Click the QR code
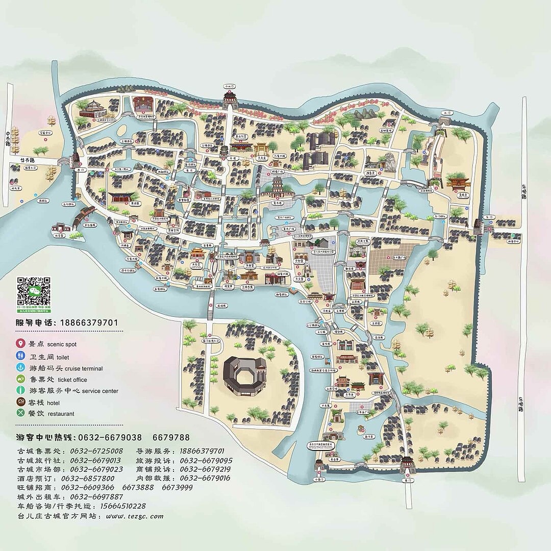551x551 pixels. (34, 294)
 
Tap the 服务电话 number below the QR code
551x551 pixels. (89, 322)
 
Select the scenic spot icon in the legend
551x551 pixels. (21, 344)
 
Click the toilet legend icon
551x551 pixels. (21, 356)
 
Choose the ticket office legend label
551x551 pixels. (72, 380)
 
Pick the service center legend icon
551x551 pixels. (21, 391)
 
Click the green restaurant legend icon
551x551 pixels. (21, 413)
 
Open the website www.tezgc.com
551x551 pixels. (135, 516)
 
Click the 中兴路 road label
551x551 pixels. (8, 138)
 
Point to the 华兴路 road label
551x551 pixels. (28, 160)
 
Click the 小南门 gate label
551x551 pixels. (319, 480)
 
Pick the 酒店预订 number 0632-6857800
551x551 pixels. (88, 478)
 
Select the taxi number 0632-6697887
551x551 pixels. (96, 496)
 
